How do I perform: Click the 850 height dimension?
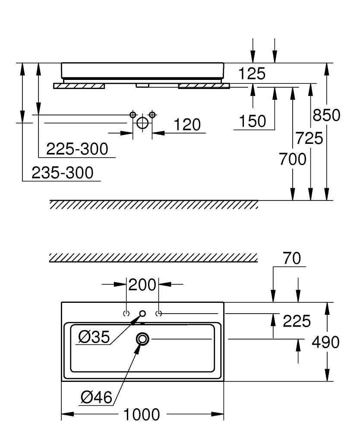[x=326, y=115]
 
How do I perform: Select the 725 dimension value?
[x=309, y=138]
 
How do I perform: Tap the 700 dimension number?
[x=293, y=159]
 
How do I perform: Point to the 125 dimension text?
[x=252, y=73]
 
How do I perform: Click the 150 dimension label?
[x=253, y=121]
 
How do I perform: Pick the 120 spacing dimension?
[x=187, y=125]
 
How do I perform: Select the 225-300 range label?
[x=77, y=149]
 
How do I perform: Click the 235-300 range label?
[x=63, y=173]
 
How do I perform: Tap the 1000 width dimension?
[x=142, y=415]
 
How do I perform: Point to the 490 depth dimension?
[x=325, y=342]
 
